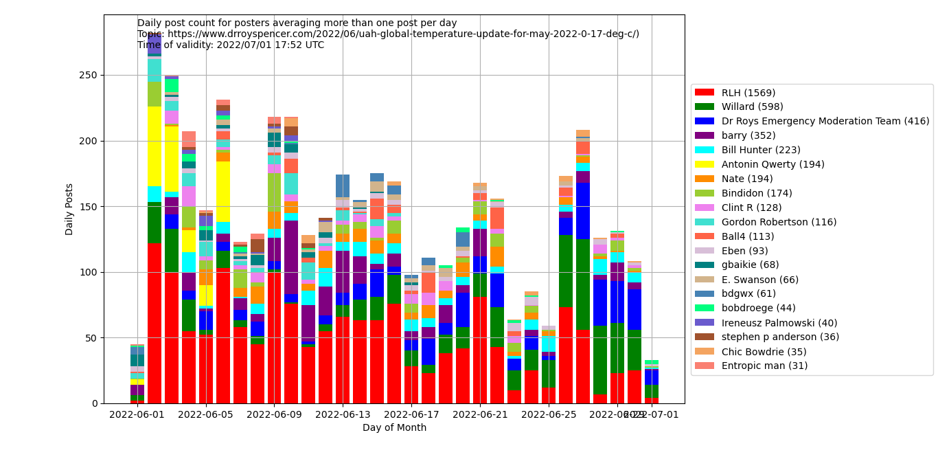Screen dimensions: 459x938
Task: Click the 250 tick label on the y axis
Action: [x=89, y=76]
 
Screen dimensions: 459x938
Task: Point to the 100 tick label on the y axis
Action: [x=89, y=272]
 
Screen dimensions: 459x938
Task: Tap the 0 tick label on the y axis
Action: [x=95, y=403]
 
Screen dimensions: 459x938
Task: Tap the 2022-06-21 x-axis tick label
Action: [x=480, y=415]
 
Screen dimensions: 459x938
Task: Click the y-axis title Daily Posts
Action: [x=69, y=209]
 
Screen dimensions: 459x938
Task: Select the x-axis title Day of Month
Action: [x=394, y=428]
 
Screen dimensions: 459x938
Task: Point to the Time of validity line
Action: [x=231, y=45]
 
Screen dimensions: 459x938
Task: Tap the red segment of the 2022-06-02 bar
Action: [x=155, y=323]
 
